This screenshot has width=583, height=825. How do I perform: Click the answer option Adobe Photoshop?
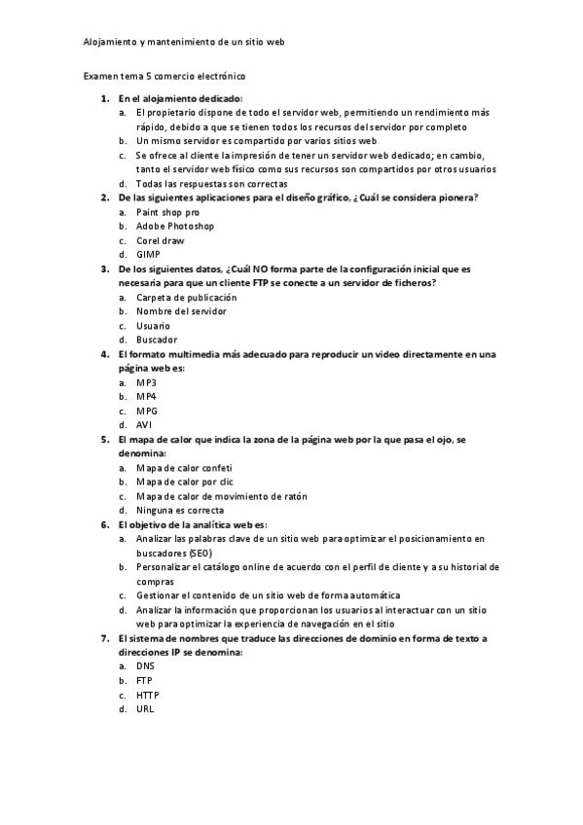(x=175, y=226)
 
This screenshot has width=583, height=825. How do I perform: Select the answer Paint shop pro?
(x=168, y=211)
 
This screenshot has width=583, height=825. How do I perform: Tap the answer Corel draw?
(x=161, y=240)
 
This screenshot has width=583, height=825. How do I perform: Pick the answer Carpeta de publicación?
(x=186, y=297)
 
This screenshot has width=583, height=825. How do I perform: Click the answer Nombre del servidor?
(x=181, y=311)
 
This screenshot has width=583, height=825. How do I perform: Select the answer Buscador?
(x=157, y=340)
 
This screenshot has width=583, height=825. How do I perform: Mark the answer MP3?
(x=146, y=382)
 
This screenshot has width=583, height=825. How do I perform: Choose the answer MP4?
(x=146, y=396)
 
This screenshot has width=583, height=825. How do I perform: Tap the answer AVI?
(x=145, y=424)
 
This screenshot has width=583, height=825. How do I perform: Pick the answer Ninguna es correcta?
(x=180, y=510)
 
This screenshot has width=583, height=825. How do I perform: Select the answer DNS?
(x=146, y=666)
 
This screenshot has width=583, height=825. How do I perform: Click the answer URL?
(x=145, y=709)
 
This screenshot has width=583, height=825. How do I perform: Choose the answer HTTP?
(x=148, y=695)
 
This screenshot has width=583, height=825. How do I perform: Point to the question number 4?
(x=104, y=354)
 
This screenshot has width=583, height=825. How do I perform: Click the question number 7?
(x=104, y=638)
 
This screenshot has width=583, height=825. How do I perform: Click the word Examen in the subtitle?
(x=100, y=75)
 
